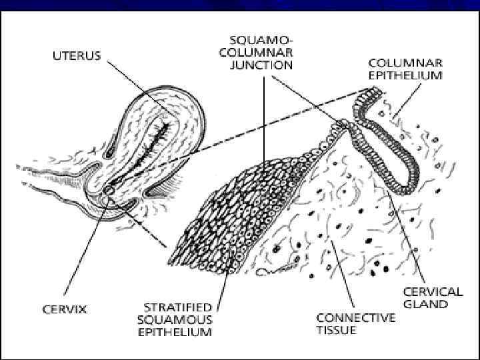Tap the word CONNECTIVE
pyautogui.click(x=355, y=318)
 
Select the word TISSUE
pyautogui.click(x=337, y=330)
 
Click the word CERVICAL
pyautogui.click(x=433, y=291)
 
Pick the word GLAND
pyautogui.click(x=425, y=303)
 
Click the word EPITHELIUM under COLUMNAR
pyautogui.click(x=406, y=75)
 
